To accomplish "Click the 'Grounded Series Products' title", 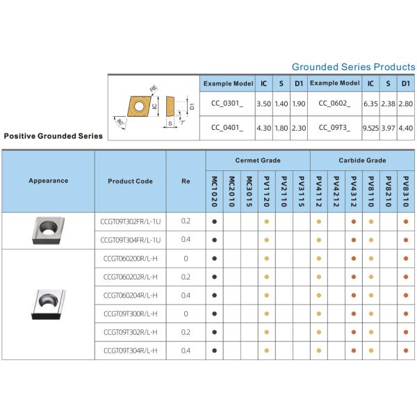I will coord(353,67).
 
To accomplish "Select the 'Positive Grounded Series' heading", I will coord(54,136).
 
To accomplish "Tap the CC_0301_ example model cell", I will coord(227,104).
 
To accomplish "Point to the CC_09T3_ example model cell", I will coord(334,127).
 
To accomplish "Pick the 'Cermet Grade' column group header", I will coord(258,161).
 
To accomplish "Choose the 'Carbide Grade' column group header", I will coord(362,161).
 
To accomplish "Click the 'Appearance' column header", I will coord(49,181).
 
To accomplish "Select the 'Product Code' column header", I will coord(130,181).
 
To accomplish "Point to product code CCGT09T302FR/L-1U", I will coord(131,221).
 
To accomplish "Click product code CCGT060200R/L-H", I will coord(130,259).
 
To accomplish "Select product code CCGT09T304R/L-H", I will coord(130,350).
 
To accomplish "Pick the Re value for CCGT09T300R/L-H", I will coord(186,313).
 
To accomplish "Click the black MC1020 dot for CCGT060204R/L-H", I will coord(215,295).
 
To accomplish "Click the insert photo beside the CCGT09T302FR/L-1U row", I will coord(49,229).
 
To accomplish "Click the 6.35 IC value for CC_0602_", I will coord(370,104).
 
